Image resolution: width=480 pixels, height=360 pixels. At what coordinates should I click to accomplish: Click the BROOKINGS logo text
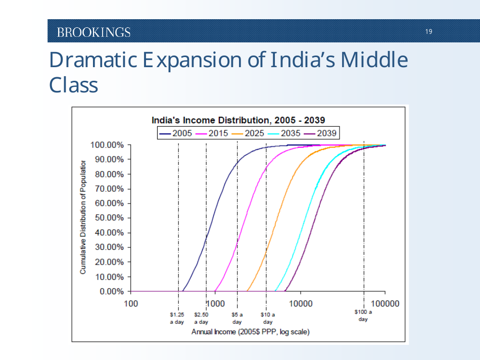(x=93, y=32)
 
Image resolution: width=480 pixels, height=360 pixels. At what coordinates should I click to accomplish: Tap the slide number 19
(x=428, y=32)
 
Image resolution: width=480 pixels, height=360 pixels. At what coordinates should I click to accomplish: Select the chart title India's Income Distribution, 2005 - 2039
(x=238, y=120)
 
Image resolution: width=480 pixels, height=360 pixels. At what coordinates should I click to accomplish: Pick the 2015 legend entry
(x=211, y=133)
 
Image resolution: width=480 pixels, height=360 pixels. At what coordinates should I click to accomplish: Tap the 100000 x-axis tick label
(x=385, y=303)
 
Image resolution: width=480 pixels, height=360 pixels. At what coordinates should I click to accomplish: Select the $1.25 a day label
(x=177, y=318)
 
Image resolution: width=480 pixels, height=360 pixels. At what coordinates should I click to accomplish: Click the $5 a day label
(x=237, y=318)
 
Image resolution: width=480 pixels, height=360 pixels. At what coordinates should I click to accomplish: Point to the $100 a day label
(x=363, y=316)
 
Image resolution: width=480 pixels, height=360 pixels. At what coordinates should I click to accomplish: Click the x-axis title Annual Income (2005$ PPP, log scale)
(x=250, y=332)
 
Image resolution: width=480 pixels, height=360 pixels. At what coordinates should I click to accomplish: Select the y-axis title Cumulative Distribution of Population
(x=83, y=218)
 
